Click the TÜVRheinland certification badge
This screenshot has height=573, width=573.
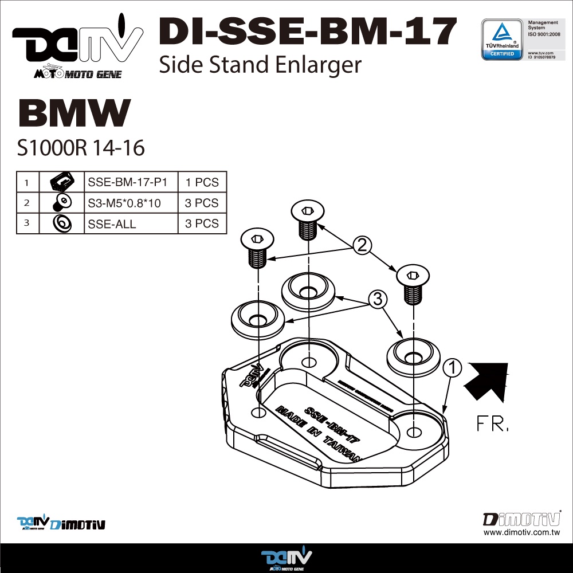pos(501,39)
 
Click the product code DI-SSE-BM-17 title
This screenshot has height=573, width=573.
pos(308,31)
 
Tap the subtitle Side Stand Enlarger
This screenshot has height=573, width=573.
pos(260,65)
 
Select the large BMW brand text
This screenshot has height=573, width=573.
pos(74,113)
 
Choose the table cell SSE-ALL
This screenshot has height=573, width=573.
pos(112,223)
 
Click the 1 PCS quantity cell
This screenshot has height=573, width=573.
pos(202,182)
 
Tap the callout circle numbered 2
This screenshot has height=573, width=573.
pos(362,246)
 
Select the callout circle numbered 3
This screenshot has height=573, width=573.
pos(376,299)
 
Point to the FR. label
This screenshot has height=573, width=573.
pos(492,425)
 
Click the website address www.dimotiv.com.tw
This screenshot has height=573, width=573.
pos(521,532)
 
